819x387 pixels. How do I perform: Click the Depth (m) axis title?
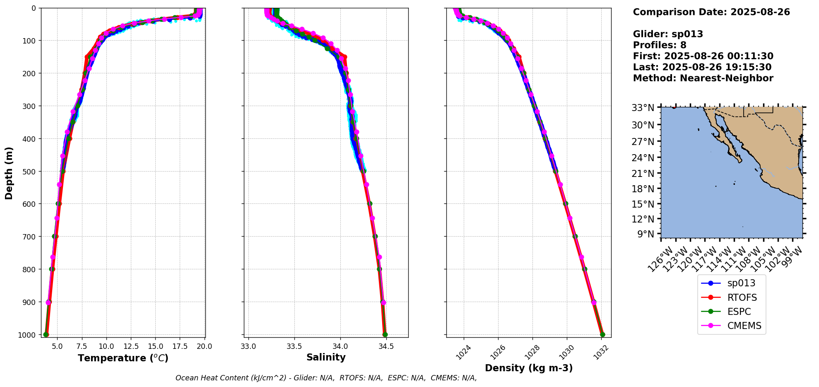(9, 173)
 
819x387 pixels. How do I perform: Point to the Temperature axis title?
(123, 358)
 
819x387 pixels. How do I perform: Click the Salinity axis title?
(326, 357)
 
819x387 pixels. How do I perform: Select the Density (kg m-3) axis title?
(529, 368)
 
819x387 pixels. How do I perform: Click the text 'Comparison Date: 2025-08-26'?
(711, 12)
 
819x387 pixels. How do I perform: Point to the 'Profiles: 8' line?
(660, 45)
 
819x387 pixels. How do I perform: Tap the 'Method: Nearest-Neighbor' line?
(703, 78)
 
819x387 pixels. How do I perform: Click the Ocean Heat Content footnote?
(326, 378)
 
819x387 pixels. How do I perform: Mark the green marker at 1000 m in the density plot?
(602, 335)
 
